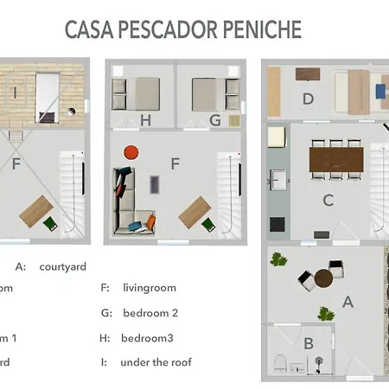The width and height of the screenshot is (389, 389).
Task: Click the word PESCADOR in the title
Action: coord(180,29)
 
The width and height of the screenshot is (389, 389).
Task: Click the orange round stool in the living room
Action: coord(131,153)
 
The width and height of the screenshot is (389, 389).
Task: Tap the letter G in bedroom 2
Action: coord(214,120)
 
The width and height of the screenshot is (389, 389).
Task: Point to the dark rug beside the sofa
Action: coord(154,185)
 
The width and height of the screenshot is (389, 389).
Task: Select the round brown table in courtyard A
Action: coord(325,279)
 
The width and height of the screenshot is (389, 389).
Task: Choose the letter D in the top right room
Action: coord(307,98)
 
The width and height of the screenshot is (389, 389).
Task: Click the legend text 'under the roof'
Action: coord(156,362)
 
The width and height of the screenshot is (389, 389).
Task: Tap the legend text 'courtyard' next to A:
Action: coord(63,266)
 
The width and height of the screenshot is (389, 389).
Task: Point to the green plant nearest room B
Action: coord(326,313)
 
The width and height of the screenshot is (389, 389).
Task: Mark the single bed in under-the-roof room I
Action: coord(47,93)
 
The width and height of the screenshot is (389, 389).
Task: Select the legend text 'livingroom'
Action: coord(150,288)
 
